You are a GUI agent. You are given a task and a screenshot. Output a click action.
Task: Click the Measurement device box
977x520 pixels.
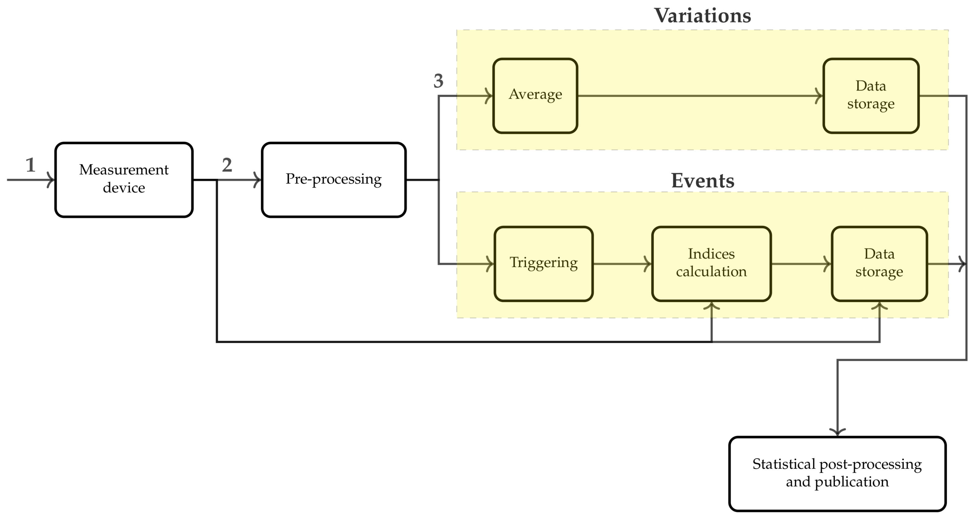124,180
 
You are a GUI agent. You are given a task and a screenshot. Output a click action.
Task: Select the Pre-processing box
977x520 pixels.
333,180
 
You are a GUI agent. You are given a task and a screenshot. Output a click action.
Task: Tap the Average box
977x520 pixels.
535,96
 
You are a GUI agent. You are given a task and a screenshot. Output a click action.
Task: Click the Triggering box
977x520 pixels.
543,264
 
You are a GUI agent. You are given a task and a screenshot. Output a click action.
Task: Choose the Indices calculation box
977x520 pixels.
711,264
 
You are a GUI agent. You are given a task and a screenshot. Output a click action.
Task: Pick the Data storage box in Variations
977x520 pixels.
871,96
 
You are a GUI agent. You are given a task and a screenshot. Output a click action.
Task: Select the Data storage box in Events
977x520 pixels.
879,264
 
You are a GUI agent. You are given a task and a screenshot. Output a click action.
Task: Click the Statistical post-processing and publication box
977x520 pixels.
837,474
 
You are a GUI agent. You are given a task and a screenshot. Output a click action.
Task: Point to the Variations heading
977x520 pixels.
702,16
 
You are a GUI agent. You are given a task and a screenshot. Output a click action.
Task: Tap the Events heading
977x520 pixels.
702,181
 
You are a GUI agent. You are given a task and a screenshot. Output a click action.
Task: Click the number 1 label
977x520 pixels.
30,165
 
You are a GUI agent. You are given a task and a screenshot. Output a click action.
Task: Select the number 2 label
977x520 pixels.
227,165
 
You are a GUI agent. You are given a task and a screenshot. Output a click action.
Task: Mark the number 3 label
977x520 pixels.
438,81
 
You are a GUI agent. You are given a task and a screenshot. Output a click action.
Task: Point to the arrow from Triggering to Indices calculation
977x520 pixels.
622,264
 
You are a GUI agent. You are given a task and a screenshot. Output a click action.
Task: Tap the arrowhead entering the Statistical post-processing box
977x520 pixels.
837,432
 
